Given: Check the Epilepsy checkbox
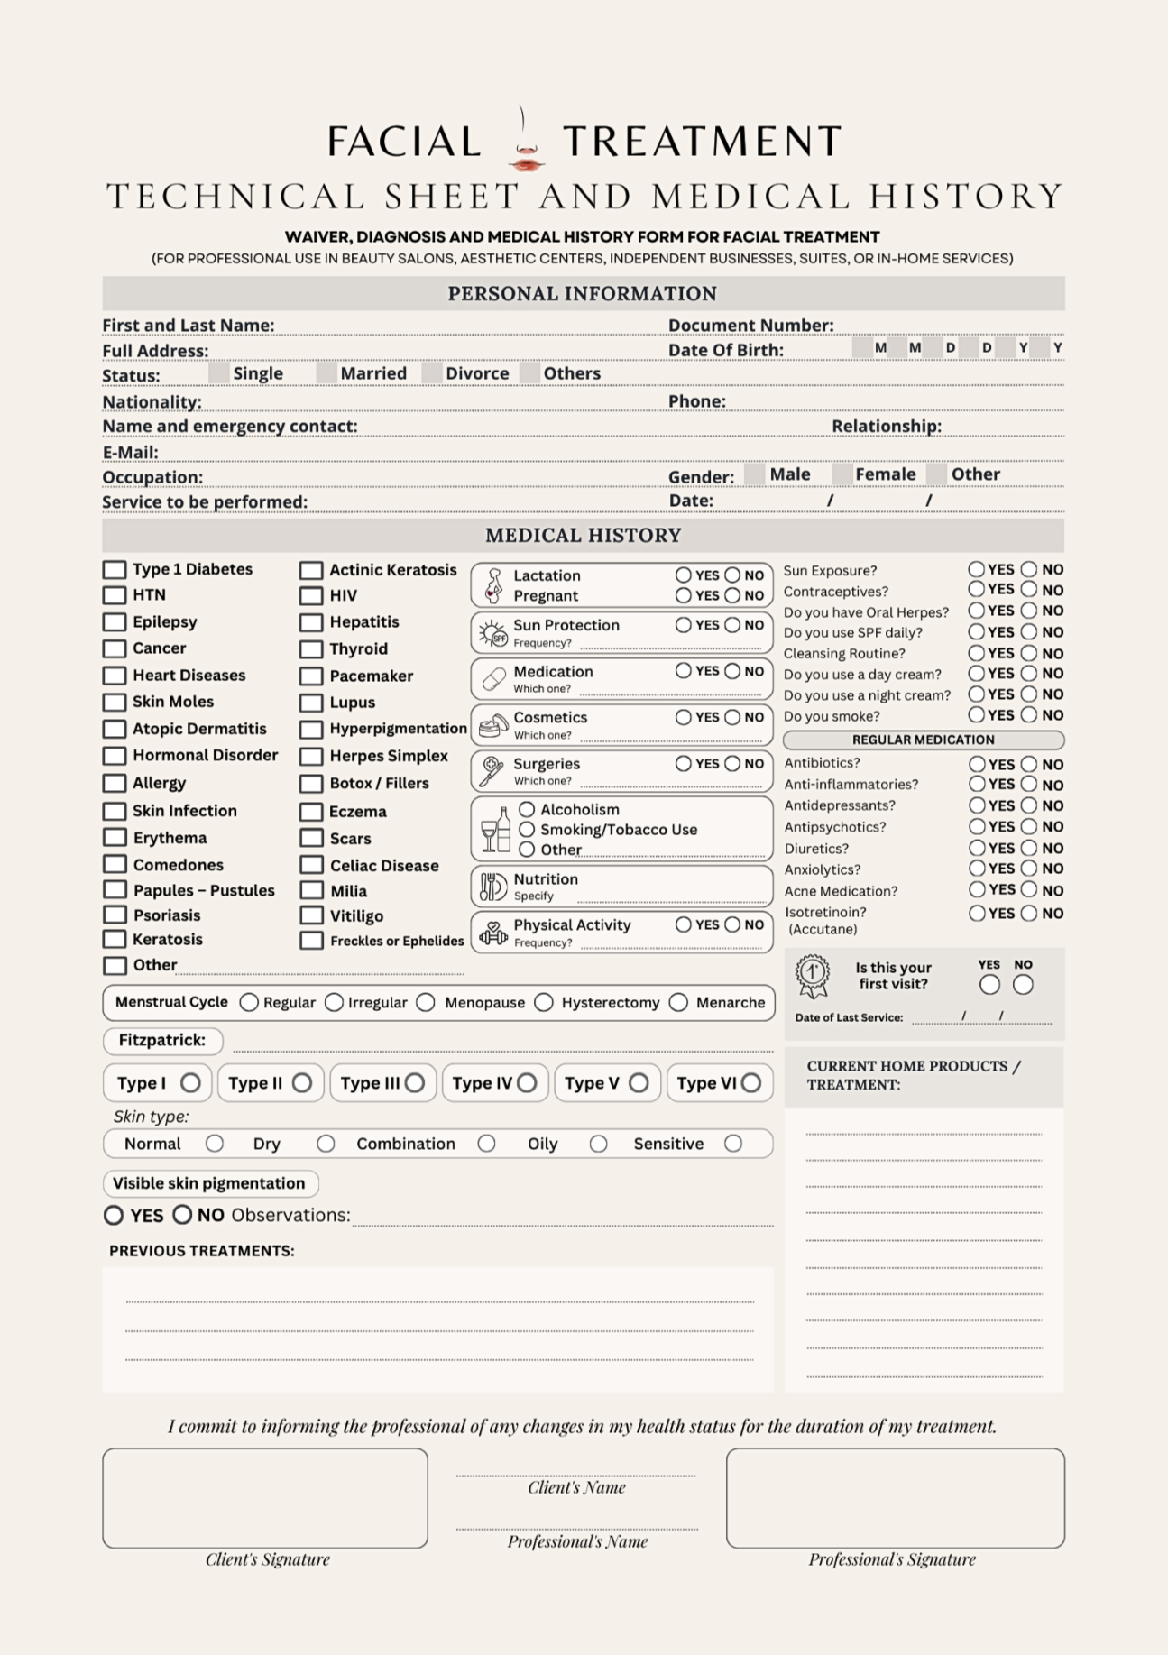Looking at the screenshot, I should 115,622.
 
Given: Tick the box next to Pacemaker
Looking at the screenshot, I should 311,676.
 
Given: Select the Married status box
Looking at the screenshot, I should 326,373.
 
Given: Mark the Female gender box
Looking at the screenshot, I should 842,474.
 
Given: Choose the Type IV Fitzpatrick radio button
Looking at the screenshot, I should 528,1082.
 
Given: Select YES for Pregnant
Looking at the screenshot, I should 684,595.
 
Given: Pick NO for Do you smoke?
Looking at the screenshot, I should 1029,715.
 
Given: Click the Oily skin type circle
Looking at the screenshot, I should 598,1144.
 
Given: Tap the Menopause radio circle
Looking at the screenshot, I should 427,1003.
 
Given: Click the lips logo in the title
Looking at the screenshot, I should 526,162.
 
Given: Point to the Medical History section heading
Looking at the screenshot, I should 583,536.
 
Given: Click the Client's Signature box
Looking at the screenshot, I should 265,1498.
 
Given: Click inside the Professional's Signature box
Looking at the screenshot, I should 895,1498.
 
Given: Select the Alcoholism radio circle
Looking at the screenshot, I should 528,809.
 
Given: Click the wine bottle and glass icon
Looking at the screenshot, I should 495,830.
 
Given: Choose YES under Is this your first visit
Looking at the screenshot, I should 989,985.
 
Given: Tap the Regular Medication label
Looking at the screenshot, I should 923,740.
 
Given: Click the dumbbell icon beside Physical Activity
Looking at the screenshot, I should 492,933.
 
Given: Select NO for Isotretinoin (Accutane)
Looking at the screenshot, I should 1029,913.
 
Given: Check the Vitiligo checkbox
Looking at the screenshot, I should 311,915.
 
